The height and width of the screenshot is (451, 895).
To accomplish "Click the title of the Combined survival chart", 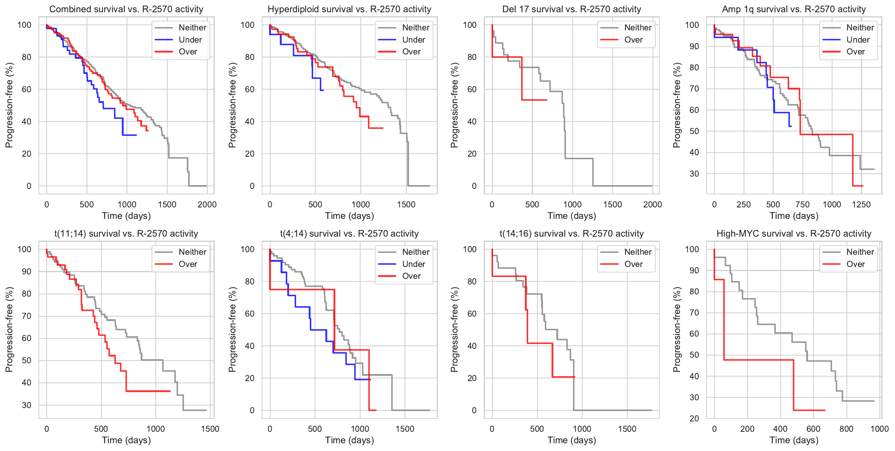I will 126,9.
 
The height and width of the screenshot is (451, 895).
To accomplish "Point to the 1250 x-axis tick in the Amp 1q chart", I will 861,204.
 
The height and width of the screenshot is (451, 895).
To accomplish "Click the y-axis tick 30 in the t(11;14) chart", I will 27,405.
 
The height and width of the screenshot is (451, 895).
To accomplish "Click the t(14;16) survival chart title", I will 571,234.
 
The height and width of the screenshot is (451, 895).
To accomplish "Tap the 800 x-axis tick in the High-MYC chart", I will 846,429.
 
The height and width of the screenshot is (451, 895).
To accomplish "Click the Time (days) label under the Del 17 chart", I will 571,216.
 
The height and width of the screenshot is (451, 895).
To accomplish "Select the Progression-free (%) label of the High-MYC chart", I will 677,330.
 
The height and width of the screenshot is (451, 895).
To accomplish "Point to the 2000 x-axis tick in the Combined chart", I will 207,204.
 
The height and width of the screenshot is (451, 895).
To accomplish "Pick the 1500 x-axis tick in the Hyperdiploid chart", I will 406,204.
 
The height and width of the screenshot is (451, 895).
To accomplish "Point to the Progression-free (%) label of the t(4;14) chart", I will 232,330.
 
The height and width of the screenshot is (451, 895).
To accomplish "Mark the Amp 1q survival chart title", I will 794,9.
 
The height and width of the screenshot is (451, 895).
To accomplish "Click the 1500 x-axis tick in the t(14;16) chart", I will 627,429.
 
